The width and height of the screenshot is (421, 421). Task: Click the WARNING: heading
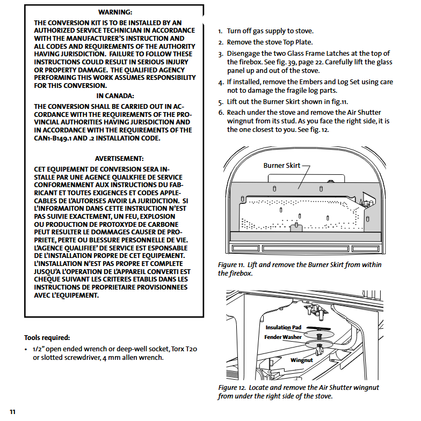[115, 12]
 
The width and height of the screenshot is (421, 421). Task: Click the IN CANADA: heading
[115, 95]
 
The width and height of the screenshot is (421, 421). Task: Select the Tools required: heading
[47, 337]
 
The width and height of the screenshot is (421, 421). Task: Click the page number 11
[12, 411]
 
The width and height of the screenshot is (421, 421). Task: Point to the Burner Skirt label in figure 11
[282, 166]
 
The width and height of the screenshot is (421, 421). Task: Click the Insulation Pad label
[284, 327]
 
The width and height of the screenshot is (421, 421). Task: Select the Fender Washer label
[283, 337]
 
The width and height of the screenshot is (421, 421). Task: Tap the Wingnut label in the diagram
[302, 360]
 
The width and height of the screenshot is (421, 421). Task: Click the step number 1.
[220, 32]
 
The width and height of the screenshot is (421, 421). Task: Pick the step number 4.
[221, 83]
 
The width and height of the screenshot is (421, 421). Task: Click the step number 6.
[220, 113]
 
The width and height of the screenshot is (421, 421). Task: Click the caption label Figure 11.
[231, 265]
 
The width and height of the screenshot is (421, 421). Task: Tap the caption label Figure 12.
[231, 387]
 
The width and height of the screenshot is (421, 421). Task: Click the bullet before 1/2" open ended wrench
[26, 350]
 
